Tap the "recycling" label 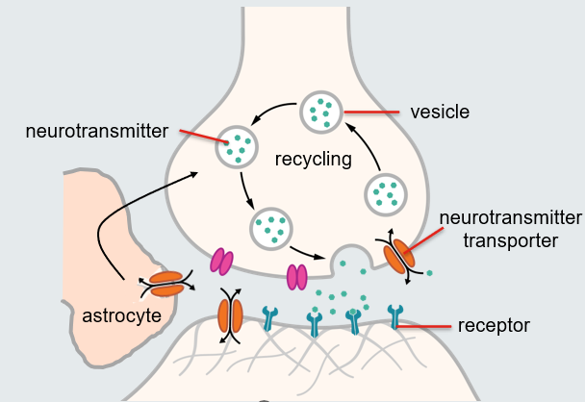pos(314,158)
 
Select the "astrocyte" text pos(122,315)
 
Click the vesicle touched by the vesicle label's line pos(321,113)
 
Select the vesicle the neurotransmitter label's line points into pos(236,146)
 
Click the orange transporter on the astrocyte pos(166,284)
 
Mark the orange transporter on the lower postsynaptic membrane pos(229,314)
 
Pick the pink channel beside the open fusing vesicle pos(298,276)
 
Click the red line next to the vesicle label pos(372,113)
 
